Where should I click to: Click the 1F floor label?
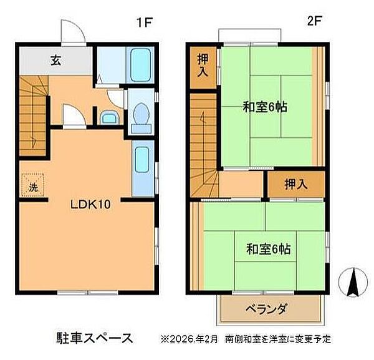(145, 23)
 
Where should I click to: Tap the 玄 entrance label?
(56, 61)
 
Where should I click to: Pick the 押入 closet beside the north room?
(203, 64)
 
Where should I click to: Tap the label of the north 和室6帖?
(265, 107)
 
